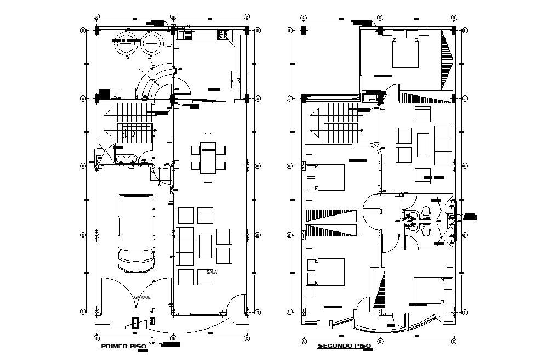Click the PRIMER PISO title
click(122, 347)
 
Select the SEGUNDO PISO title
click(344, 346)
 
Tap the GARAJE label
click(142, 297)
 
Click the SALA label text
click(212, 272)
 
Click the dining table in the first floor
click(208, 157)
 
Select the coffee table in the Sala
click(206, 246)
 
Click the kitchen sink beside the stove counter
click(185, 36)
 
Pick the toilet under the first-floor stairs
click(130, 133)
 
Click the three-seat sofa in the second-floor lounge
click(443, 145)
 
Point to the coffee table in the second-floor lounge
click(423, 145)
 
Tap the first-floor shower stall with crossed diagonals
click(106, 154)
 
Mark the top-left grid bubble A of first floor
click(96, 16)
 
